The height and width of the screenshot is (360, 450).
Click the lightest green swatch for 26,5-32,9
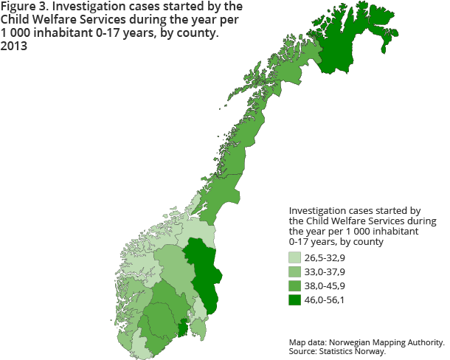(294, 258)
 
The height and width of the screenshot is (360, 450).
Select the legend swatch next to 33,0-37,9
(294, 272)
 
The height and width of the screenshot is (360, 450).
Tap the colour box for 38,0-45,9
(294, 286)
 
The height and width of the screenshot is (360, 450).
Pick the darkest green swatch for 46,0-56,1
(294, 300)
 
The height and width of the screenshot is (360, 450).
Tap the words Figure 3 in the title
(27, 7)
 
